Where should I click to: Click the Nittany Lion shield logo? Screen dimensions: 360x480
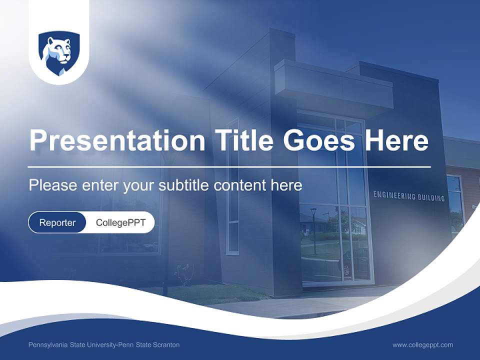click(59, 53)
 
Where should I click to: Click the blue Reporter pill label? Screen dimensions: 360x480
click(57, 222)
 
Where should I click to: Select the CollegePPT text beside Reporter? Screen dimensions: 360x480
click(120, 222)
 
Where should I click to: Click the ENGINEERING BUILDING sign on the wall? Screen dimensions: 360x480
click(408, 195)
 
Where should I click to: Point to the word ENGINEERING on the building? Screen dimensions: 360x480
click(394, 195)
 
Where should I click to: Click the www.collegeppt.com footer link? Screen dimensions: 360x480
click(422, 345)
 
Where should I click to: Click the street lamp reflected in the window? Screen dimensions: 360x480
click(313, 230)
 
